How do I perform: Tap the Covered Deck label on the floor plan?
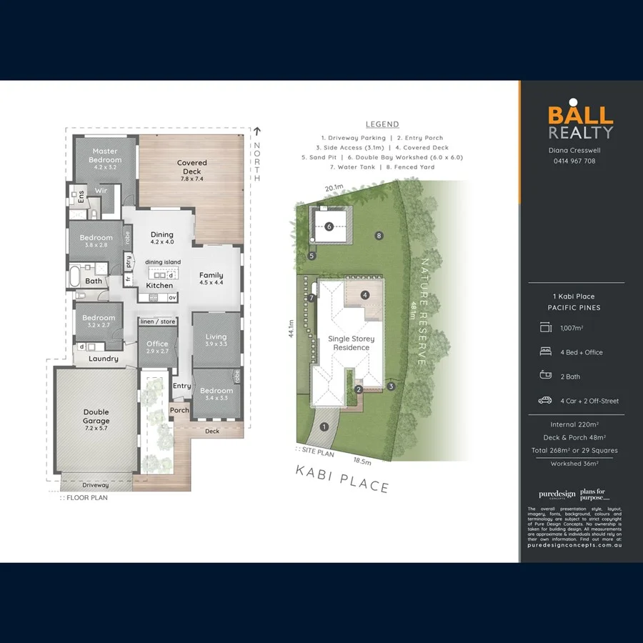[x=191, y=167]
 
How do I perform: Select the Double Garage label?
[x=96, y=416]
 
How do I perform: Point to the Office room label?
[x=157, y=347]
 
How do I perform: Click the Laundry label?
[x=104, y=359]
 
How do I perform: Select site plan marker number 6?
[x=329, y=226]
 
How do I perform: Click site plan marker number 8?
[x=379, y=235]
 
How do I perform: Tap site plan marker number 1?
[x=324, y=427]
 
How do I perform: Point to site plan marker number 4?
[x=364, y=294]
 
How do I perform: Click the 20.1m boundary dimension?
[x=334, y=189]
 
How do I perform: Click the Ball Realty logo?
[x=580, y=122]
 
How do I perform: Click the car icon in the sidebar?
[x=545, y=401]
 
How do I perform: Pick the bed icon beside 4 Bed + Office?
[x=545, y=352]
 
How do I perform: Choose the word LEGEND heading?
[x=382, y=124]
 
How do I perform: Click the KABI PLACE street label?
[x=344, y=479]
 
